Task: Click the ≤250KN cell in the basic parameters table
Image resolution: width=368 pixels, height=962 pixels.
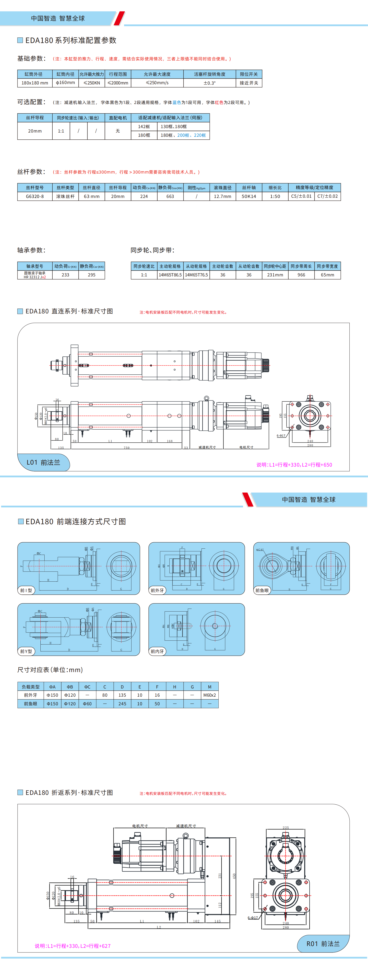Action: tap(92, 83)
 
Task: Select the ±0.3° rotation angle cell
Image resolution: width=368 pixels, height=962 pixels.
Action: tap(210, 83)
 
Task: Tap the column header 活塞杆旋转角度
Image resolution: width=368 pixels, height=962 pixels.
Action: tap(210, 74)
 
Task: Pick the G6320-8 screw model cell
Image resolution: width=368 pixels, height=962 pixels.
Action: tap(35, 196)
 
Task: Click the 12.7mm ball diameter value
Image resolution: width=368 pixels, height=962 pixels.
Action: tap(223, 196)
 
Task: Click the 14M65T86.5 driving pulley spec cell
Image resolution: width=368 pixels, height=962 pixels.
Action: tap(170, 275)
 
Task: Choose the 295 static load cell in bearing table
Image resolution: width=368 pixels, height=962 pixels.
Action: tap(92, 275)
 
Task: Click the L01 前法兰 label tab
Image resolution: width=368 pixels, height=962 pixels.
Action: tap(43, 462)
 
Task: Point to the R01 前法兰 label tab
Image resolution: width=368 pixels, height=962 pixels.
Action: tap(323, 944)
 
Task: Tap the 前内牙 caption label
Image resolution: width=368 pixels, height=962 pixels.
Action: tap(157, 651)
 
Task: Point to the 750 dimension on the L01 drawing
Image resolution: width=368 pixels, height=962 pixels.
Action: tap(127, 447)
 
